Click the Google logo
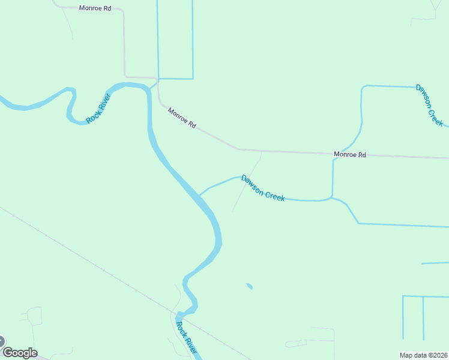click(20, 353)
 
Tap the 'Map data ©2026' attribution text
click(424, 355)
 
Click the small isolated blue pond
click(249, 286)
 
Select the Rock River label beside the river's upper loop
click(99, 109)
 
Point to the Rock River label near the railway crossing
click(186, 338)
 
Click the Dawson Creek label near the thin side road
click(263, 187)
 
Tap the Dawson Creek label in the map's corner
click(430, 105)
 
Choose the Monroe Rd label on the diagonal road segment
click(182, 118)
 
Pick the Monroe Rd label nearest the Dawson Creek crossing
click(349, 154)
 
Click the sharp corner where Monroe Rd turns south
click(123, 10)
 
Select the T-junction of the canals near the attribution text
click(423, 296)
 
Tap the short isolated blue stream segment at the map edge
click(435, 263)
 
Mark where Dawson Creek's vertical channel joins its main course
click(331, 197)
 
